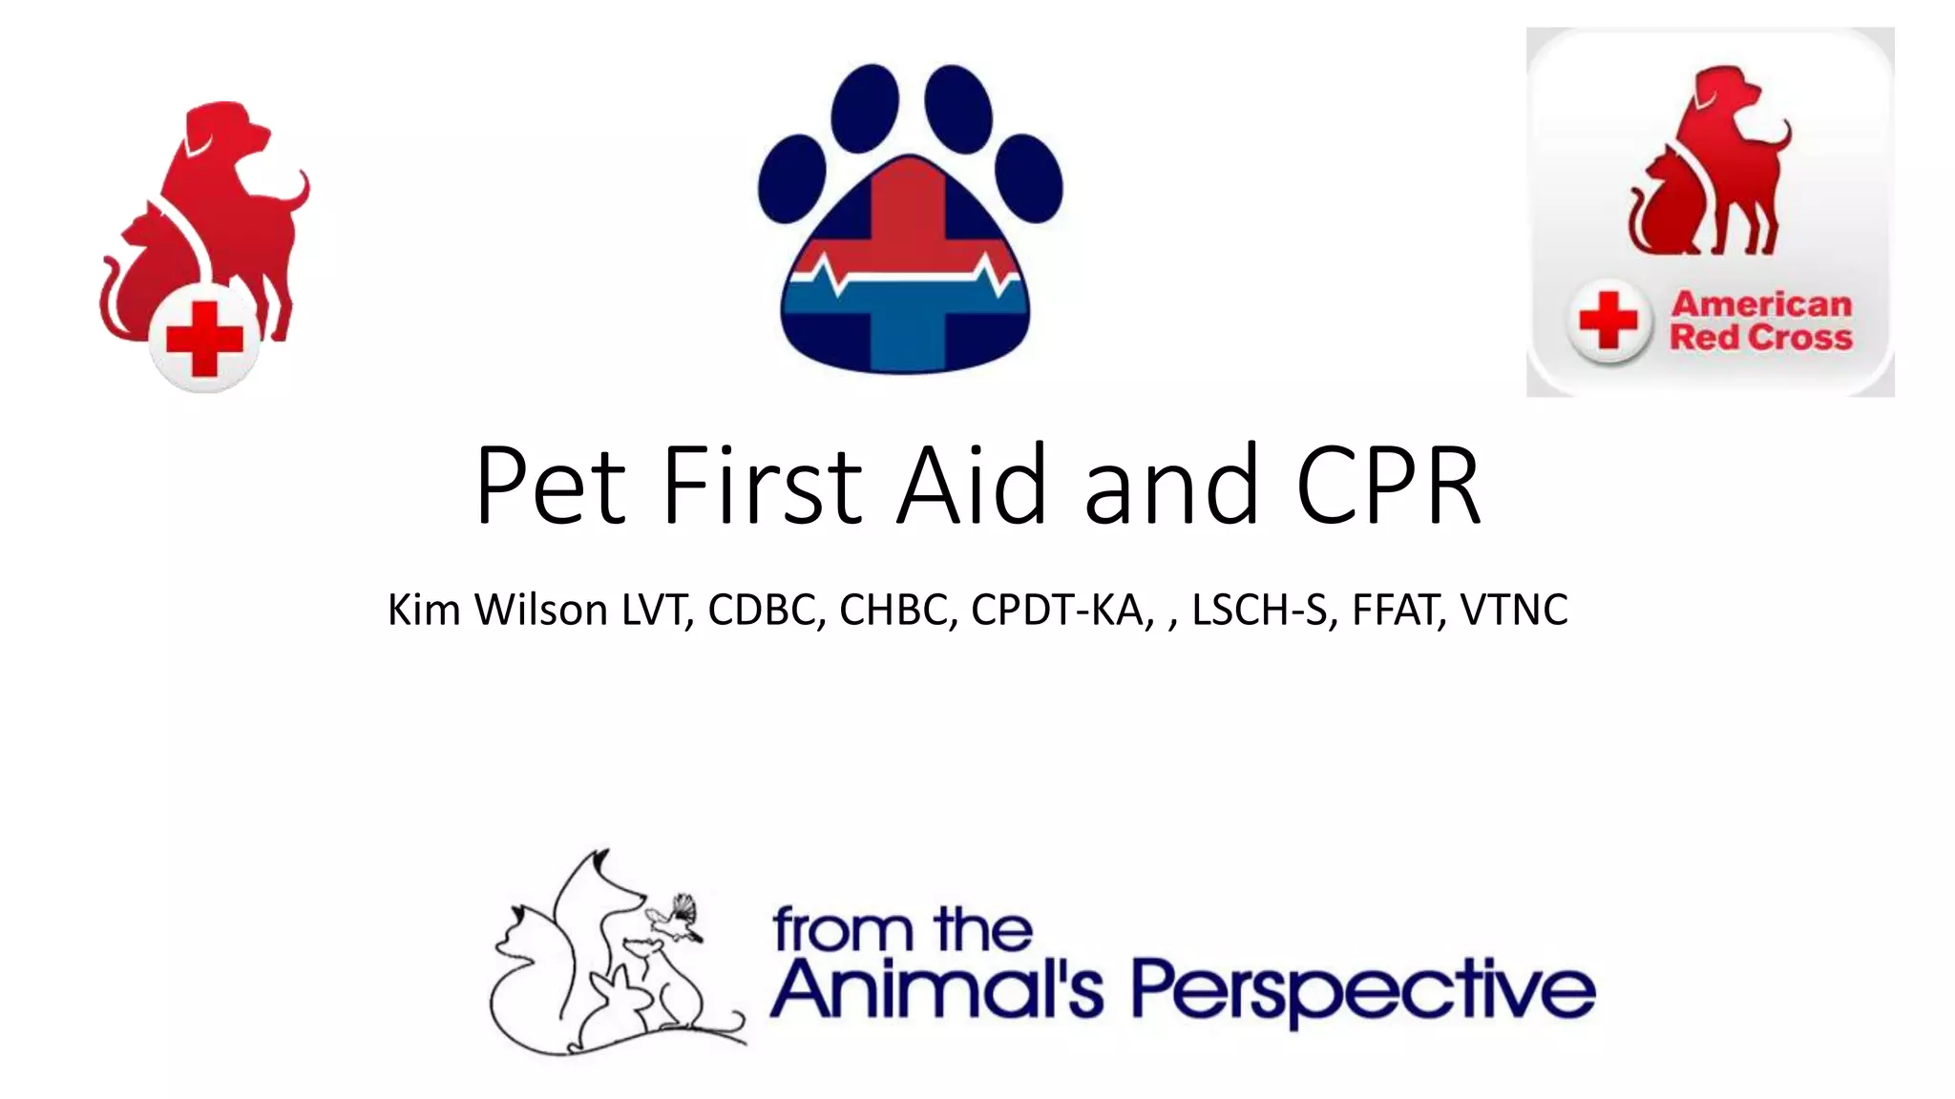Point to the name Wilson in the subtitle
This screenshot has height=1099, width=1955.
click(540, 610)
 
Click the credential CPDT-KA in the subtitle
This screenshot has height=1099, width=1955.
click(1057, 610)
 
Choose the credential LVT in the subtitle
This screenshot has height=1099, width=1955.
click(657, 610)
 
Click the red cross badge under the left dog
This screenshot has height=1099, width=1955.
click(204, 340)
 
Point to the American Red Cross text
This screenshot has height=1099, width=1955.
click(1761, 321)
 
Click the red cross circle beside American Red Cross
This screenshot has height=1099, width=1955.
click(1608, 321)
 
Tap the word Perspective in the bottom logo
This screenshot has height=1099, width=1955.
click(1363, 990)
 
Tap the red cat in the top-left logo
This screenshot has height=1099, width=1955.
click(143, 277)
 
